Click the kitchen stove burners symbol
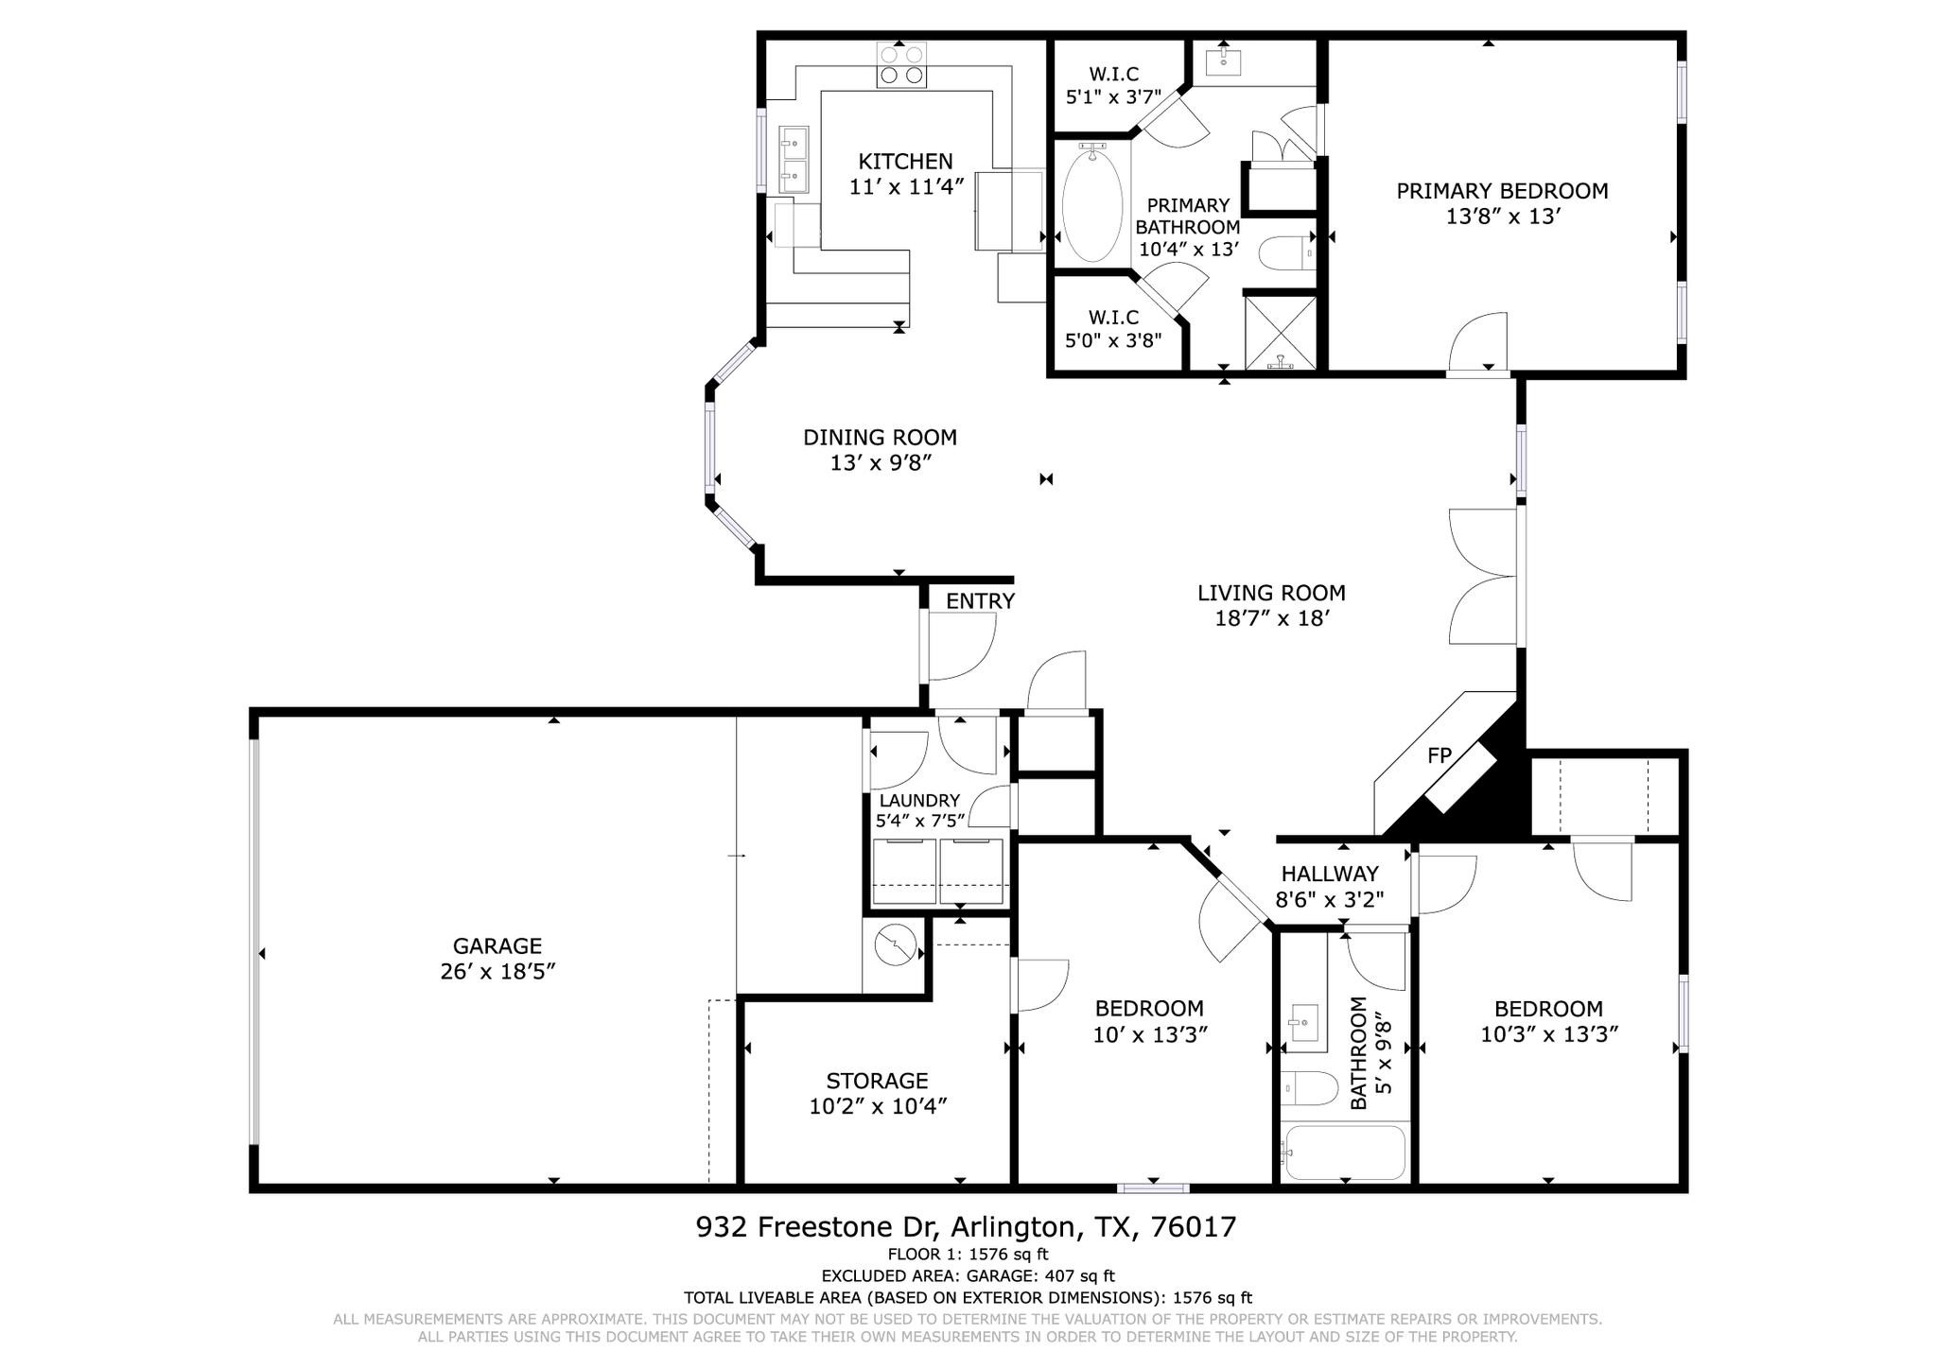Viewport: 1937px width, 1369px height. pyautogui.click(x=901, y=65)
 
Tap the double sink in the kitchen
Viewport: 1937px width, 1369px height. pyautogui.click(x=793, y=160)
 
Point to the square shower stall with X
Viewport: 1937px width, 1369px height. pyautogui.click(x=1280, y=333)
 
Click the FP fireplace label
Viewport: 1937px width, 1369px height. pyautogui.click(x=1439, y=754)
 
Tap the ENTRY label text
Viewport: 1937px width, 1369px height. pyautogui.click(x=980, y=601)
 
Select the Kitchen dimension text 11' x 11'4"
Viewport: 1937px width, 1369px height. pyautogui.click(x=905, y=187)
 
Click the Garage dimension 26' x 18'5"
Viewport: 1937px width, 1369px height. pyautogui.click(x=497, y=972)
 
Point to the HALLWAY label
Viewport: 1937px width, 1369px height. pyautogui.click(x=1329, y=874)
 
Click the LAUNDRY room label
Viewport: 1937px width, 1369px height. pyautogui.click(x=918, y=801)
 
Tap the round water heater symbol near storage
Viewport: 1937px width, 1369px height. pyautogui.click(x=893, y=944)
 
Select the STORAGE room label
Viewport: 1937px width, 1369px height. pyautogui.click(x=877, y=1081)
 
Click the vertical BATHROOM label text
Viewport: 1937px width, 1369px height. pyautogui.click(x=1358, y=1053)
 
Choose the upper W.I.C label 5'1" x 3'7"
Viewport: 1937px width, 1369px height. pyautogui.click(x=1113, y=75)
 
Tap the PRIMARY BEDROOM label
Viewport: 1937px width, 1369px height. pyautogui.click(x=1502, y=191)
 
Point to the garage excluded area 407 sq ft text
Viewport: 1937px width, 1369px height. pyautogui.click(x=968, y=1276)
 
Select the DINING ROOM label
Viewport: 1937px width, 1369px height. pyautogui.click(x=880, y=438)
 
